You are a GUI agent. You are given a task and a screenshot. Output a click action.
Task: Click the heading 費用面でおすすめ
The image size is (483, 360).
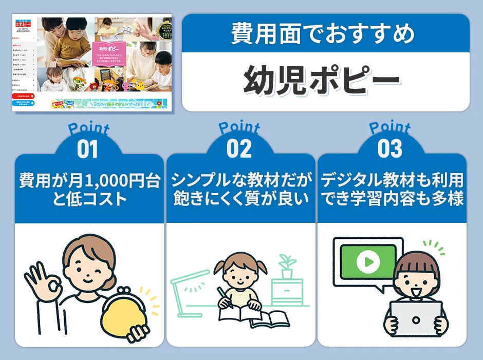tap(325, 35)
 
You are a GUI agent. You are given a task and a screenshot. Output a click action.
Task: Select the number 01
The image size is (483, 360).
tap(88, 149)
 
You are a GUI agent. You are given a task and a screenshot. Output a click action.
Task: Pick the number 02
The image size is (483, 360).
tap(239, 149)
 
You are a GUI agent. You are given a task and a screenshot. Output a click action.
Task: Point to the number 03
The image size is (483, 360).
tap(390, 149)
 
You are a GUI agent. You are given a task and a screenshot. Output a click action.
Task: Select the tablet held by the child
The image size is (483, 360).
tap(416, 319)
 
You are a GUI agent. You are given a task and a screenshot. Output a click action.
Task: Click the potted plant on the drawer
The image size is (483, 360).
tap(287, 264)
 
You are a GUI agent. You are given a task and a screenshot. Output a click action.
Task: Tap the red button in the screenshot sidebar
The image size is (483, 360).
tap(24, 96)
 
